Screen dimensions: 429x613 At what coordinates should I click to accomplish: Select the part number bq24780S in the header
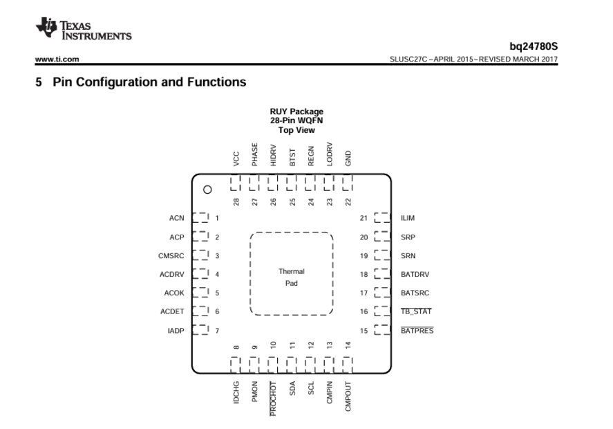click(533, 46)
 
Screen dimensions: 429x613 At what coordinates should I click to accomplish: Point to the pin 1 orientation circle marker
click(206, 189)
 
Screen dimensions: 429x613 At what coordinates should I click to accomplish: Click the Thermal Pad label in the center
click(291, 277)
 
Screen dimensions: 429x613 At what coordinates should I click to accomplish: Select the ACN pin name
click(176, 218)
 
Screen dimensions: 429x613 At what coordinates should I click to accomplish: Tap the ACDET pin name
click(172, 311)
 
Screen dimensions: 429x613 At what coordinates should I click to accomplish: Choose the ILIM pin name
click(408, 218)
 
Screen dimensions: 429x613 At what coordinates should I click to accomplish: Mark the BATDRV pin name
click(415, 274)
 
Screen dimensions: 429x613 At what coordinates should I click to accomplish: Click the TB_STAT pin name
click(416, 311)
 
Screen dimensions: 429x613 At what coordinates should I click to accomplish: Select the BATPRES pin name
click(417, 330)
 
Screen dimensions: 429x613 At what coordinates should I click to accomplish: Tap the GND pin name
click(348, 159)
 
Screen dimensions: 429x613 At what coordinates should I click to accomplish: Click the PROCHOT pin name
click(273, 398)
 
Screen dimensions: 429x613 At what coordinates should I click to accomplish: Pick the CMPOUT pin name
click(348, 396)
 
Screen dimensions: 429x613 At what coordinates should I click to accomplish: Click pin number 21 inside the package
click(363, 218)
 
